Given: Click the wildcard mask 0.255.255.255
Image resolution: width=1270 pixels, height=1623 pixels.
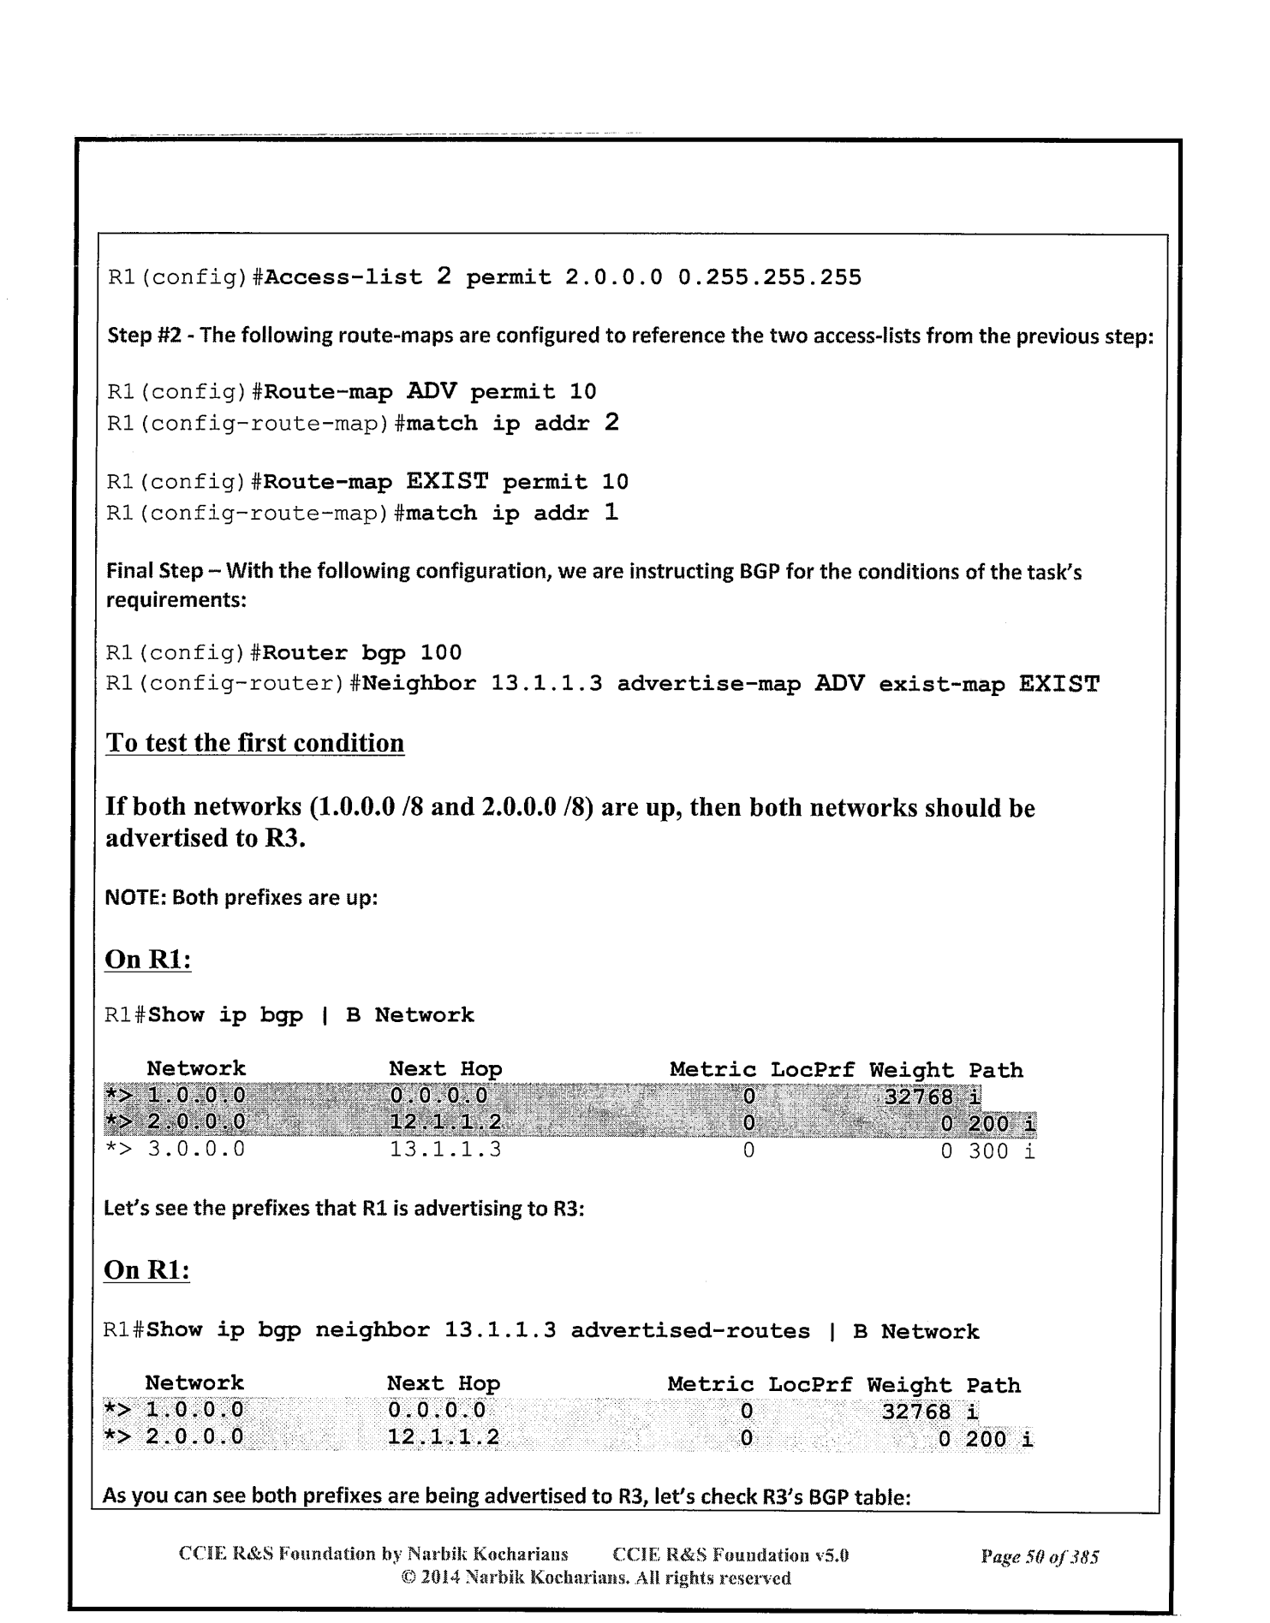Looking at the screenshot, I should point(769,278).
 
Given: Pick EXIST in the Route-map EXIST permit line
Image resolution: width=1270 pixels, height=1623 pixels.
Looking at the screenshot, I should point(446,482).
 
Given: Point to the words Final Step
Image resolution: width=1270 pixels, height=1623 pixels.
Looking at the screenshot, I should point(154,572).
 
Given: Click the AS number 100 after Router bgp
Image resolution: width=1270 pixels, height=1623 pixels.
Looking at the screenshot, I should point(441,653).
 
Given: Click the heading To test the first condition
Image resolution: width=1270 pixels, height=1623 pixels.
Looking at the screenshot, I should point(254,743).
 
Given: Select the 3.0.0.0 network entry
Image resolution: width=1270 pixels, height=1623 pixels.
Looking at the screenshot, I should point(196,1150).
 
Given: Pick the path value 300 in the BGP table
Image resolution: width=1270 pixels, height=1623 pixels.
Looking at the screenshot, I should point(988,1150).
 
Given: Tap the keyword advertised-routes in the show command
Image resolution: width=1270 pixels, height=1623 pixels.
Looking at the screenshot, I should point(690,1331).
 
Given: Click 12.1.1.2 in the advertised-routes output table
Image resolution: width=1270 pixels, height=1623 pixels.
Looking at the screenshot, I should point(443,1438).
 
